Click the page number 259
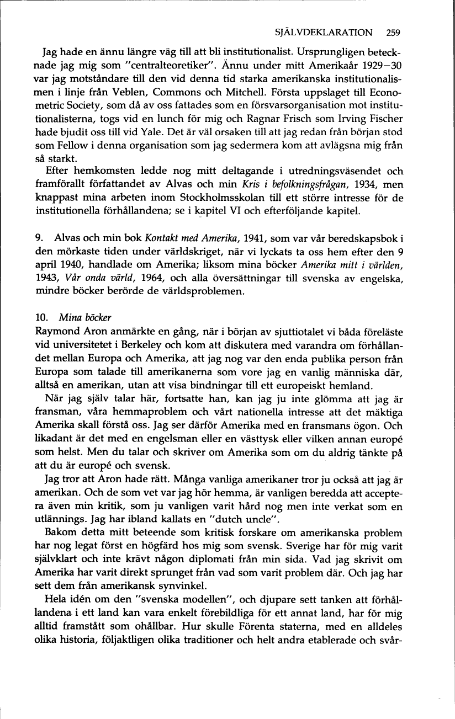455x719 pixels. [x=393, y=32]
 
